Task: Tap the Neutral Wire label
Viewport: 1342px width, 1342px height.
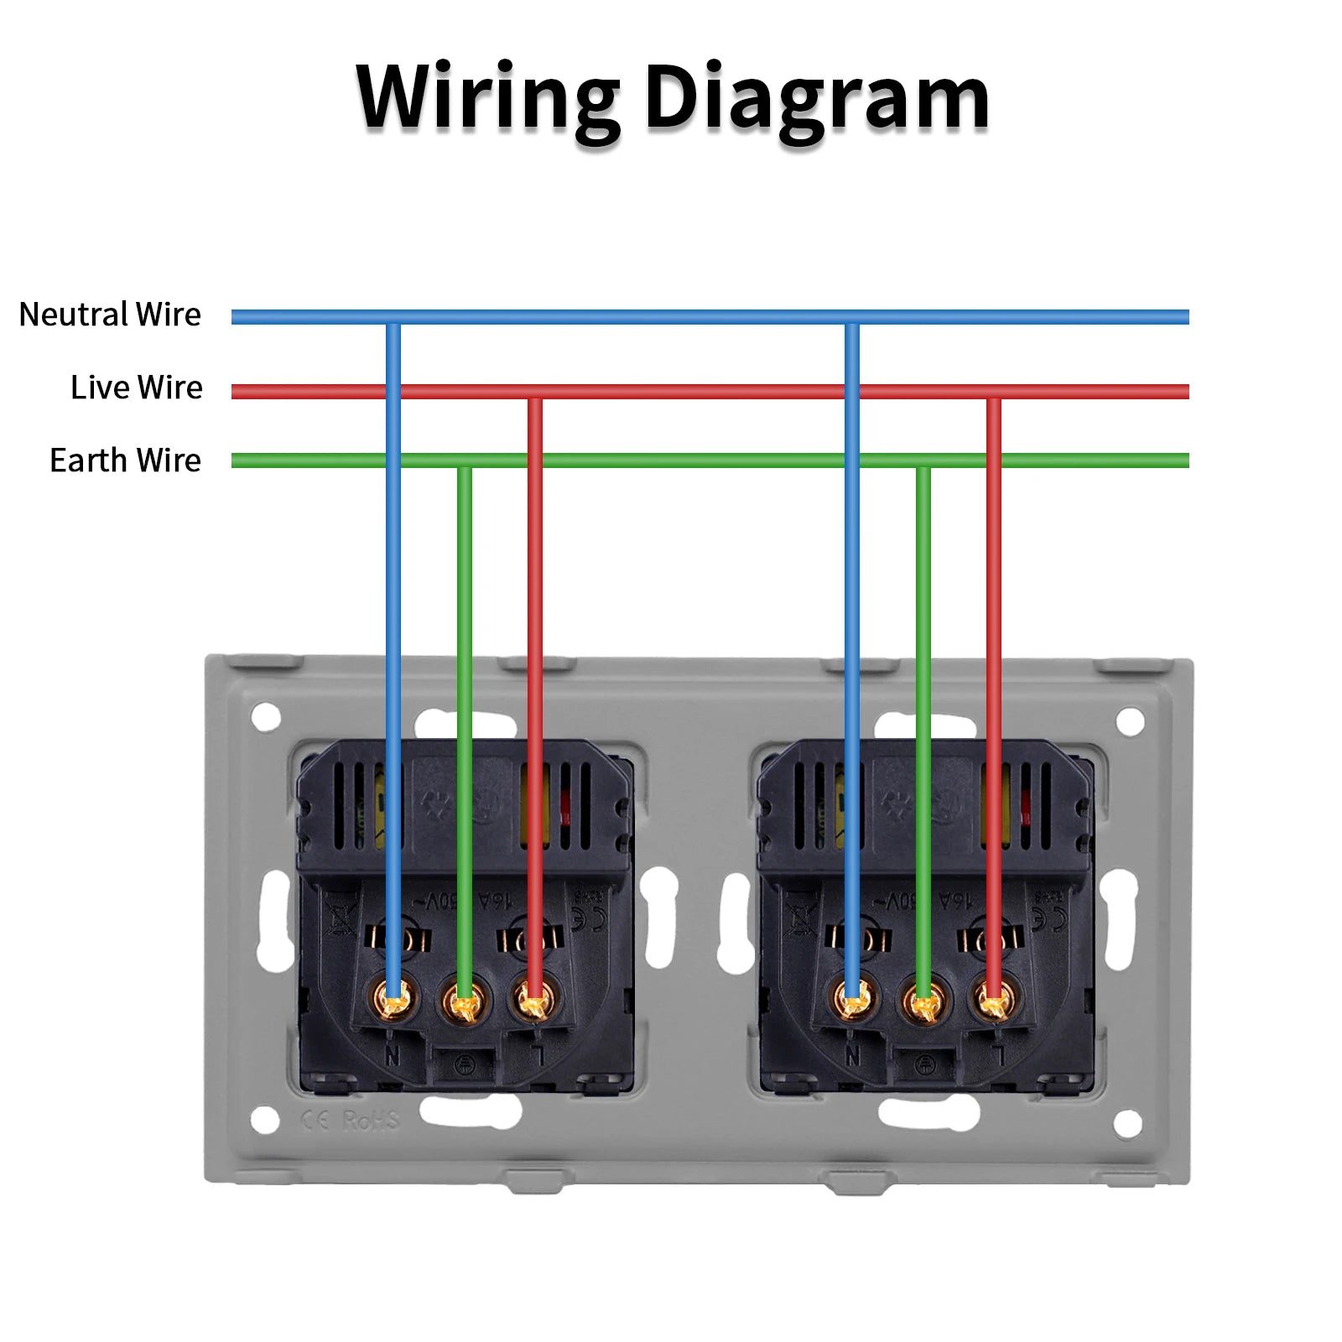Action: click(x=110, y=315)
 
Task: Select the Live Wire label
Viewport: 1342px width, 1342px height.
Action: click(x=136, y=388)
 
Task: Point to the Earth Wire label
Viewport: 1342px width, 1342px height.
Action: click(x=125, y=460)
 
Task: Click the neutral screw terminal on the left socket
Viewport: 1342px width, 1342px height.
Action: click(x=393, y=998)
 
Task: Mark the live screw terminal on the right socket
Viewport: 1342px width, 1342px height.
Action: click(x=994, y=1000)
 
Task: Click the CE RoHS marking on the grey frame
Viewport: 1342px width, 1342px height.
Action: click(x=351, y=1121)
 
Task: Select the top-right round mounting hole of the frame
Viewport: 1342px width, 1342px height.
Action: click(x=1130, y=720)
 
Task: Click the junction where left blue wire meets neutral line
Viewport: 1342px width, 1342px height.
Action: click(x=393, y=317)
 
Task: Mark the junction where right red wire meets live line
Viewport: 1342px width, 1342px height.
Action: click(x=994, y=391)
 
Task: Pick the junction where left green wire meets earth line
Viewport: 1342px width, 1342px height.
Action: click(x=464, y=460)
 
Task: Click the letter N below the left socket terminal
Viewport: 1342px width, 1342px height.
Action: click(x=393, y=1057)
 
